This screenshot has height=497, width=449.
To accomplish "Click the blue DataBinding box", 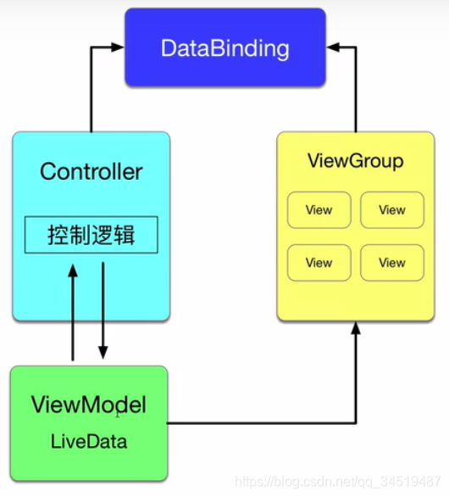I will pyautogui.click(x=224, y=47).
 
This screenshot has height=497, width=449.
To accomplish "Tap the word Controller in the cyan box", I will pyautogui.click(x=91, y=171).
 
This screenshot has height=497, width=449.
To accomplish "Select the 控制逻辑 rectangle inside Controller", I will pyautogui.click(x=91, y=235).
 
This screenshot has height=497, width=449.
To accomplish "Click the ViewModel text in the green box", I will pyautogui.click(x=88, y=405).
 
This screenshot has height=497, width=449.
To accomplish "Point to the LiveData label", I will pyautogui.click(x=88, y=441).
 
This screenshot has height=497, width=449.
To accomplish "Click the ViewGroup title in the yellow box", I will pyautogui.click(x=355, y=161).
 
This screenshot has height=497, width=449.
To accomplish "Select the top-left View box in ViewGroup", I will pyautogui.click(x=319, y=209).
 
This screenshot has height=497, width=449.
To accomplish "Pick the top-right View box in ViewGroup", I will pyautogui.click(x=391, y=209).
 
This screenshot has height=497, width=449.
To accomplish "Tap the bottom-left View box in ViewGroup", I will pyautogui.click(x=319, y=263).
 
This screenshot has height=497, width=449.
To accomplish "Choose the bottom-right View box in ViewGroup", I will pyautogui.click(x=391, y=263).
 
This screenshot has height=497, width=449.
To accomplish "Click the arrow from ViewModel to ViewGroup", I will pyautogui.click(x=263, y=422).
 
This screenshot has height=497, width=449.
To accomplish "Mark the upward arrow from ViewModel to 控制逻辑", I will pyautogui.click(x=74, y=314).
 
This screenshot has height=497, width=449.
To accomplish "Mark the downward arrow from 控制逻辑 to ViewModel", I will pyautogui.click(x=103, y=314).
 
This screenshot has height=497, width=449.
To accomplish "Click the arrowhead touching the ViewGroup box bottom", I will pyautogui.click(x=355, y=328).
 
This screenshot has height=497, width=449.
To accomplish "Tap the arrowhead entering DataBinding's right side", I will pyautogui.click(x=331, y=47).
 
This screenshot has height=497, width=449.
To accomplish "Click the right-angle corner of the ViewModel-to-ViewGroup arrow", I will pyautogui.click(x=355, y=422).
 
